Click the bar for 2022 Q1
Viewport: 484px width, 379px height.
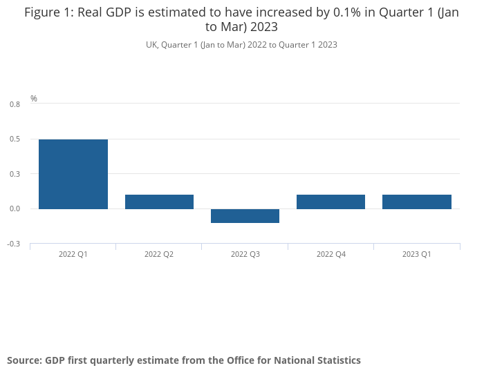coord(73,174)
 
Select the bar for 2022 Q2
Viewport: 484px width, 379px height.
coord(159,202)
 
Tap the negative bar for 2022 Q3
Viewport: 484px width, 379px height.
coord(245,215)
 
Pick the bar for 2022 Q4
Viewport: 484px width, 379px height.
coord(331,202)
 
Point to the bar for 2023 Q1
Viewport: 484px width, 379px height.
coord(417,202)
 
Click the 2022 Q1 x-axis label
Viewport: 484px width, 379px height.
coord(73,254)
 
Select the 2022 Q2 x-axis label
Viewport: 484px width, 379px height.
coord(159,254)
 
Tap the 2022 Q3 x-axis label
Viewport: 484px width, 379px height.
coord(245,254)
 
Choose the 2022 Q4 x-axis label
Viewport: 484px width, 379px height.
coord(331,254)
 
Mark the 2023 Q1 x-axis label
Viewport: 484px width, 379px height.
coord(417,254)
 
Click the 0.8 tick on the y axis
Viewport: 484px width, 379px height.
coord(15,104)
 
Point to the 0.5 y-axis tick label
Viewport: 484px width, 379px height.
coord(15,139)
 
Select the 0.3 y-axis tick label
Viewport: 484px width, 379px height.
coord(15,174)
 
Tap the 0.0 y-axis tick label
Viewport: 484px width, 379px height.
coord(15,208)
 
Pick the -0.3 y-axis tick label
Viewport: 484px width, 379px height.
coord(14,244)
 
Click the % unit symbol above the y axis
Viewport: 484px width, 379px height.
coord(34,99)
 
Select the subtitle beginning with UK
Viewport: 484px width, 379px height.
coord(241,44)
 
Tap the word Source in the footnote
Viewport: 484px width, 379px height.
coord(23,360)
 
